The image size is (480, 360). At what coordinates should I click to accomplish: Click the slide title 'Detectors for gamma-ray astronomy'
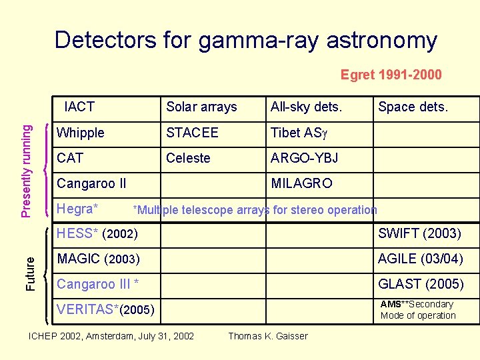coord(245,41)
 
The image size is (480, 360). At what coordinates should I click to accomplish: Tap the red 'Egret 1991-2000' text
coord(391,75)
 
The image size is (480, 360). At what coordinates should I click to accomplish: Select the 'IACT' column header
coord(79,107)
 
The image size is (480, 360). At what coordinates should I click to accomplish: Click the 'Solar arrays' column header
coord(201,107)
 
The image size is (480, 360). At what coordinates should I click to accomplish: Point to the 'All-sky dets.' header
coord(306,107)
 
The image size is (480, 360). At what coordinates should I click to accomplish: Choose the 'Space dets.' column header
coord(413,107)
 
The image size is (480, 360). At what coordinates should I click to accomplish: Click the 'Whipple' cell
coord(81,133)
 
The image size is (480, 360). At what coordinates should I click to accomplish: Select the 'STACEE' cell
coord(192,133)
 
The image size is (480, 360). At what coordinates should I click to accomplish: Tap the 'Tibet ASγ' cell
coord(297,133)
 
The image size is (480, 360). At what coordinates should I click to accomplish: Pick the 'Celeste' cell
coord(188,158)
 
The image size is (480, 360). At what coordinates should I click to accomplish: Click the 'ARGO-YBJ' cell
coord(304,158)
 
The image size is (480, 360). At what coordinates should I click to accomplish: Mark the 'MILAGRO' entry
coord(301,183)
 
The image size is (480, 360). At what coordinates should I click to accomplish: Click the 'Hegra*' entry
coord(78,209)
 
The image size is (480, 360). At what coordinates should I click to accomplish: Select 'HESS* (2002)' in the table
coord(97,234)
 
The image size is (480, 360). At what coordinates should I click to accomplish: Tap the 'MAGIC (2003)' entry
coord(99,259)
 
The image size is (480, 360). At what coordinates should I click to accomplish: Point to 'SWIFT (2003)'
coord(419,233)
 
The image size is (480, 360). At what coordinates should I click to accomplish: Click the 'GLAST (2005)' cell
coord(421,284)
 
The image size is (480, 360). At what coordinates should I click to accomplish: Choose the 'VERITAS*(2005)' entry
coord(106,309)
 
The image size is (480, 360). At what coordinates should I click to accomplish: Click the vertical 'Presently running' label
coord(26,165)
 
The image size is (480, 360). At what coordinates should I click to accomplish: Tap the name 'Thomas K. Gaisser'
coord(268,336)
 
